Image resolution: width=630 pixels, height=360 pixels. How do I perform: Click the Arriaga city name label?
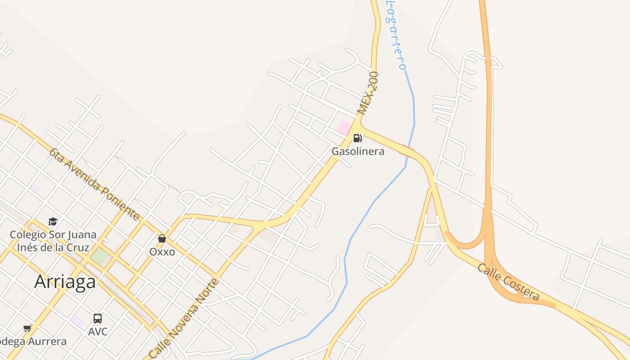(x=65, y=282)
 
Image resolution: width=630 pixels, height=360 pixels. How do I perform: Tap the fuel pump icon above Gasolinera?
(x=358, y=138)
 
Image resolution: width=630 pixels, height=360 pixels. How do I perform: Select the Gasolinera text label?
(x=358, y=151)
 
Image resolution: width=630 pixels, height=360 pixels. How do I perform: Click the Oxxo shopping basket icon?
(x=162, y=238)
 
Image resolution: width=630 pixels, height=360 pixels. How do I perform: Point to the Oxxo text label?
(x=162, y=252)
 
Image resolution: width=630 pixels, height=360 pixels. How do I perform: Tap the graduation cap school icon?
(x=53, y=221)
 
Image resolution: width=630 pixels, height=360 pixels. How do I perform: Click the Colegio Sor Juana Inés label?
(x=53, y=241)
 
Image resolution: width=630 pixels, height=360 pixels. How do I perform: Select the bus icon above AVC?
(x=98, y=319)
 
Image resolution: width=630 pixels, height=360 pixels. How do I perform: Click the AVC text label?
(x=98, y=332)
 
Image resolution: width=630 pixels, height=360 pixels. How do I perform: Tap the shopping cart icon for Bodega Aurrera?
(x=27, y=328)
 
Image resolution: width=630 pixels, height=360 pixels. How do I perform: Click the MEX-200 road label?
(x=368, y=93)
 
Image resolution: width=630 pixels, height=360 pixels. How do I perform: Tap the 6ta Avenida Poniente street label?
(x=94, y=184)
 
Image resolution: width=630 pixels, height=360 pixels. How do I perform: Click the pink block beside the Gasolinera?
(x=344, y=127)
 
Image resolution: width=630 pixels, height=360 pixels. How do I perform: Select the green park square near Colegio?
(x=100, y=256)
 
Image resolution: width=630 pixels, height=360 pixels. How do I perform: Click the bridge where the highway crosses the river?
(x=406, y=151)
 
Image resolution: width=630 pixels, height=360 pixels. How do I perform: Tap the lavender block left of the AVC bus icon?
(x=77, y=321)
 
